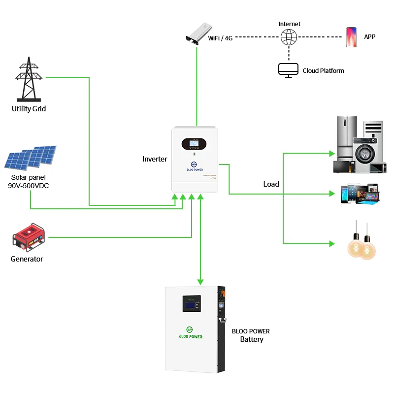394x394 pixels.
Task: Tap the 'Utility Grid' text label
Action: click(29, 109)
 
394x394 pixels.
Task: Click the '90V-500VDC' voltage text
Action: click(29, 186)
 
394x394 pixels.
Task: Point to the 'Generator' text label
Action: click(27, 259)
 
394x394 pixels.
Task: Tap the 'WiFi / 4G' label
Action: click(220, 38)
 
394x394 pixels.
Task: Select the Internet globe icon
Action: click(289, 37)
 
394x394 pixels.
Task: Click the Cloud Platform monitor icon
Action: click(288, 70)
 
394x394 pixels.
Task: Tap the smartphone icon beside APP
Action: click(351, 37)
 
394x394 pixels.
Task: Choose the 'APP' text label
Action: click(369, 36)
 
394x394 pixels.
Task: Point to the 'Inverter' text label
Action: click(155, 159)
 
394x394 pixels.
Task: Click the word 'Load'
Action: click(271, 184)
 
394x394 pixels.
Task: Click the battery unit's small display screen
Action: click(191, 304)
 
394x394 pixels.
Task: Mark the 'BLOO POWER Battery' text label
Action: click(251, 335)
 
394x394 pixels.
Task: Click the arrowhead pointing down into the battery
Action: click(200, 282)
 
